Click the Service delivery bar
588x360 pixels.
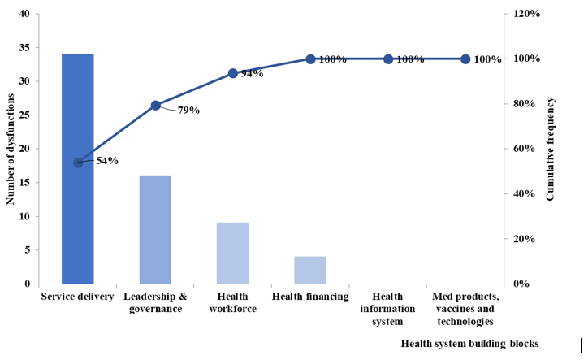point(78,168)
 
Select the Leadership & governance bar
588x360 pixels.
point(155,229)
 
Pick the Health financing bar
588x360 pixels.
point(310,270)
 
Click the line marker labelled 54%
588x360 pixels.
point(78,163)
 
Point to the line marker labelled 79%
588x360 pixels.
point(155,106)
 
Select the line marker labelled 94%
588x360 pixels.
point(232,73)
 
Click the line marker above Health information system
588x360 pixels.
point(388,59)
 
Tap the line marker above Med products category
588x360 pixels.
point(465,59)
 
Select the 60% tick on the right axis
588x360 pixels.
point(517,149)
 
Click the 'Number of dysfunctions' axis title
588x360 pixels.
point(11,149)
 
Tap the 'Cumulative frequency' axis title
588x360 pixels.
point(551,149)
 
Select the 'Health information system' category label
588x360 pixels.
point(387,309)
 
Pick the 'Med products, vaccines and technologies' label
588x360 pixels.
point(465,309)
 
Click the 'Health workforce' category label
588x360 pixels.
point(232,303)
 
